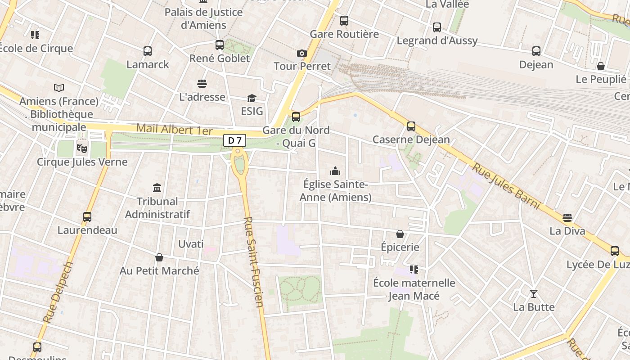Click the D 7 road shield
coord(234,140)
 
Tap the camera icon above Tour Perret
coord(302,54)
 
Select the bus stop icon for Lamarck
coord(148,51)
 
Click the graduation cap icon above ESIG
coord(252,98)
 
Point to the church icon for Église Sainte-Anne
coord(335,171)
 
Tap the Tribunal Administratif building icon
coord(157,188)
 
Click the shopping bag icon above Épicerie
coord(400,234)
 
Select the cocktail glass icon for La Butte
coord(534,294)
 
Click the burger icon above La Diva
coord(567,218)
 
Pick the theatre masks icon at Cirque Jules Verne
coord(81,148)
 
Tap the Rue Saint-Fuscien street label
coord(253,262)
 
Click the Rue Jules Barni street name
coord(505,186)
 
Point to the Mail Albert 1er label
coord(174,129)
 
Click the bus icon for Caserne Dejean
coord(411,126)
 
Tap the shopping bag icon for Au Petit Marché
coord(159,257)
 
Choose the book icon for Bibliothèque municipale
coord(59,88)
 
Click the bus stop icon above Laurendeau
coord(87,217)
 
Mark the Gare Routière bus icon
coord(344,21)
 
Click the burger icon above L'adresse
coord(202,84)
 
